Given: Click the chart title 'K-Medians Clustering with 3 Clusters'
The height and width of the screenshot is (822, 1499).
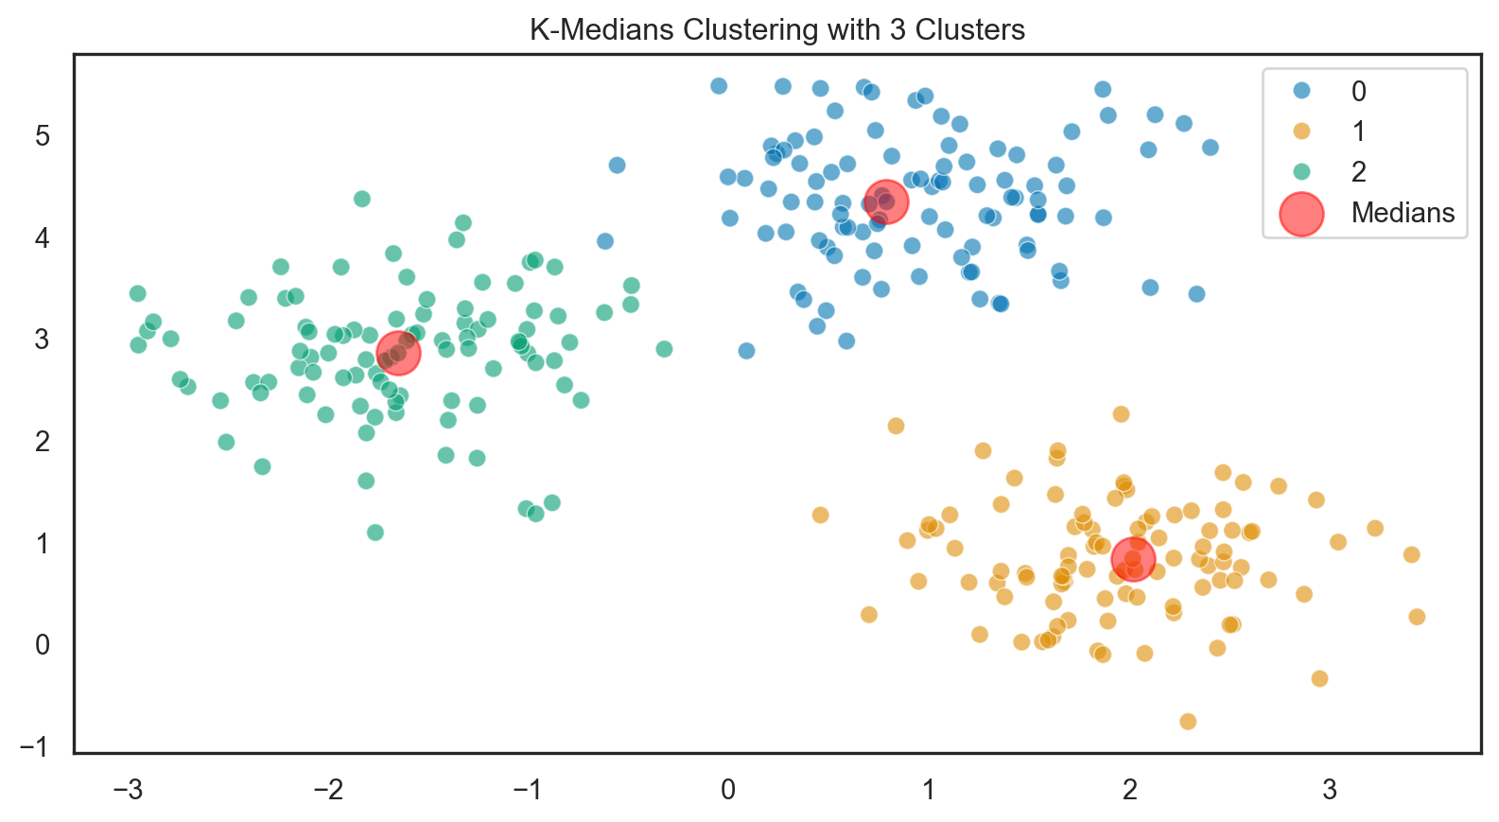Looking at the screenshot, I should coord(776,30).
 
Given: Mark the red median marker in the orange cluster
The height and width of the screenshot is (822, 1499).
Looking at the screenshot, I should coord(1133,559).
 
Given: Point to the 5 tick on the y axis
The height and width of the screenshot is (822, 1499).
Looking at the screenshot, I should coord(43,136).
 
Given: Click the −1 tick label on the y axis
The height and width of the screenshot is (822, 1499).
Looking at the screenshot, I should coord(35,747).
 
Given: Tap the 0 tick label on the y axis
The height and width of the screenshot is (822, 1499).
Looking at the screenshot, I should coord(43,645).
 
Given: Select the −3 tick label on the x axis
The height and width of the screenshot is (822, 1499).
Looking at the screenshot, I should coord(128,790).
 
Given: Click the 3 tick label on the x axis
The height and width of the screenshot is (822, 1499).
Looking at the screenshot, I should coord(1330,790).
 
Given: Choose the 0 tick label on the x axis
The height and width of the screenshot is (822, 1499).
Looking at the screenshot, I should coord(728,790).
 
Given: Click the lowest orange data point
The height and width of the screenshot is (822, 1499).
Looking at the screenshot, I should coord(1188,722).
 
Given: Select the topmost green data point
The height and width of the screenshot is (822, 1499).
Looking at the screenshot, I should coord(361,199).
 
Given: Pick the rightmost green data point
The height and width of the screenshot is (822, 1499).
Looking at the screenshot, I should coord(664,349).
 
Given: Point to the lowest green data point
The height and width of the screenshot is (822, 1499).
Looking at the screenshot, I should coord(375,533).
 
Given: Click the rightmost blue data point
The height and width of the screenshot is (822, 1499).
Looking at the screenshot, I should coord(1210,148).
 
